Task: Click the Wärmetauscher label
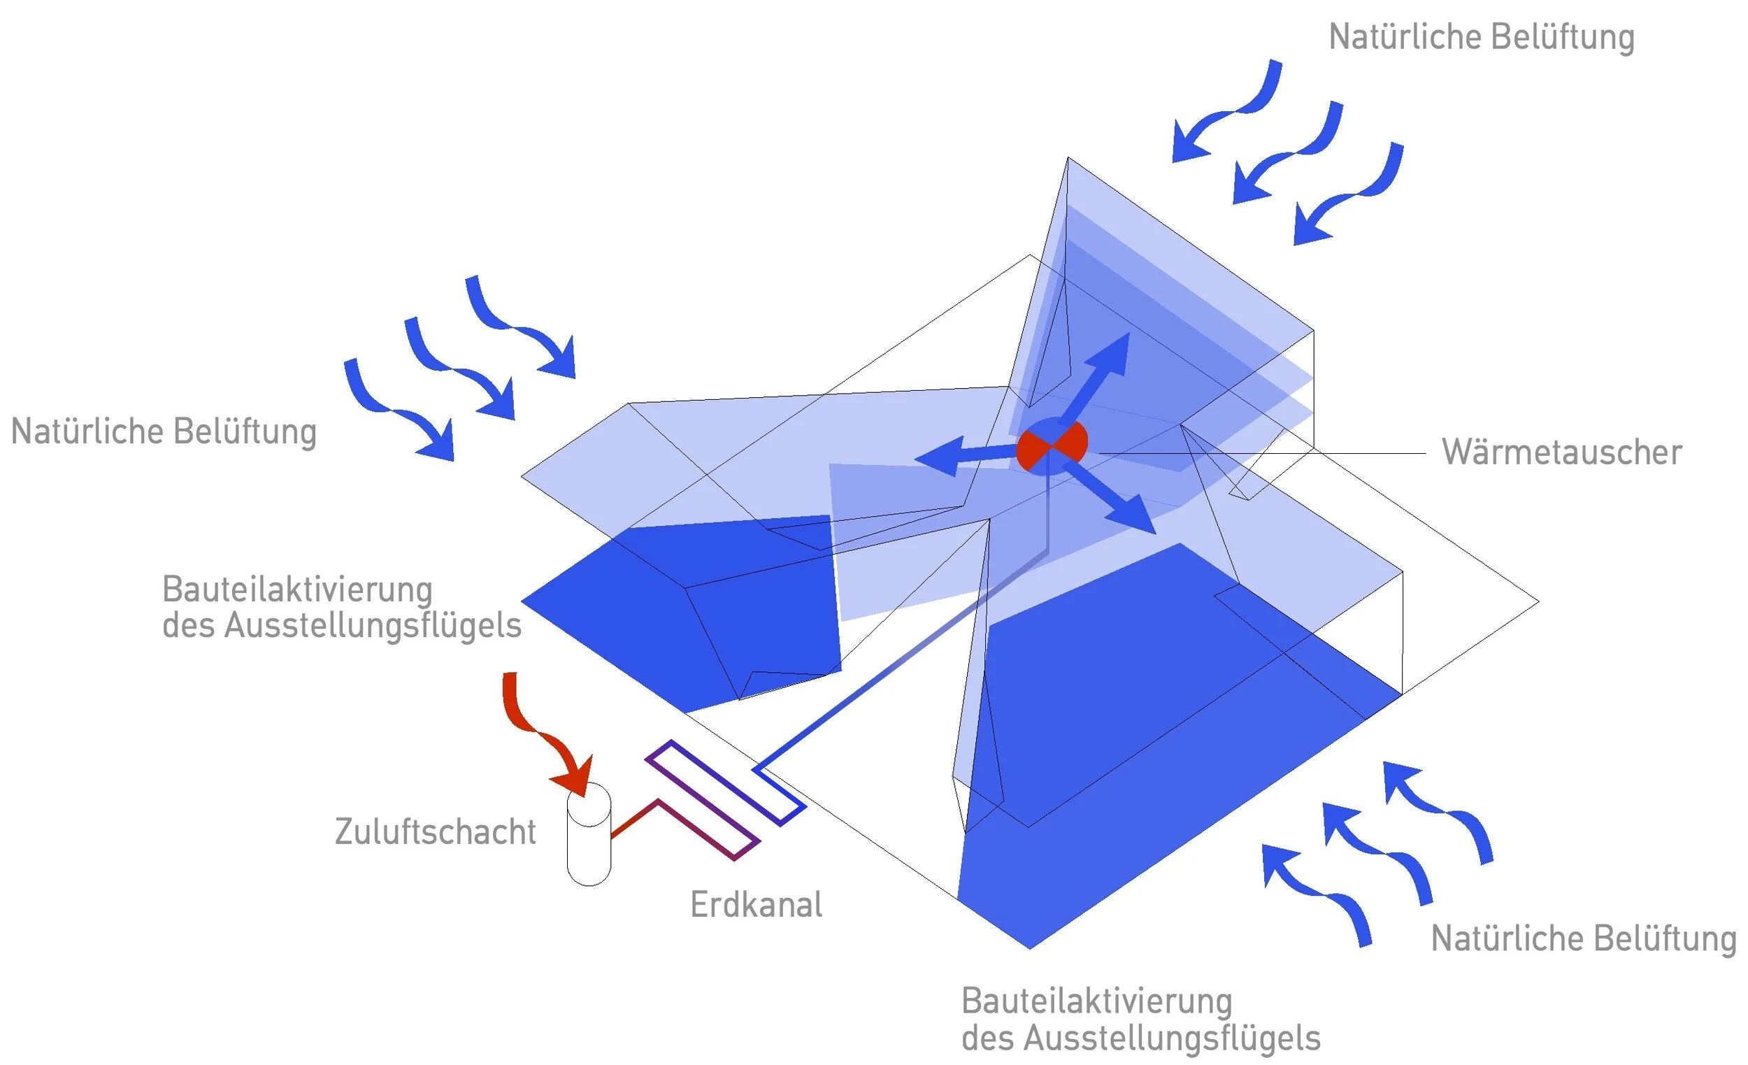[1561, 452]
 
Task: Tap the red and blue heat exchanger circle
[1052, 445]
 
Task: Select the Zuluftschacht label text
[435, 831]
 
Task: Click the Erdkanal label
[757, 905]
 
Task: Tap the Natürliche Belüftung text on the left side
[164, 431]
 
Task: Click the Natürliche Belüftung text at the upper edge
[1482, 37]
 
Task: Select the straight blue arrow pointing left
[965, 455]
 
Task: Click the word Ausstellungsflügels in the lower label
[1171, 1037]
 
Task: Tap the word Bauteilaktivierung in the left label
[297, 589]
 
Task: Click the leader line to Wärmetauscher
[1263, 453]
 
